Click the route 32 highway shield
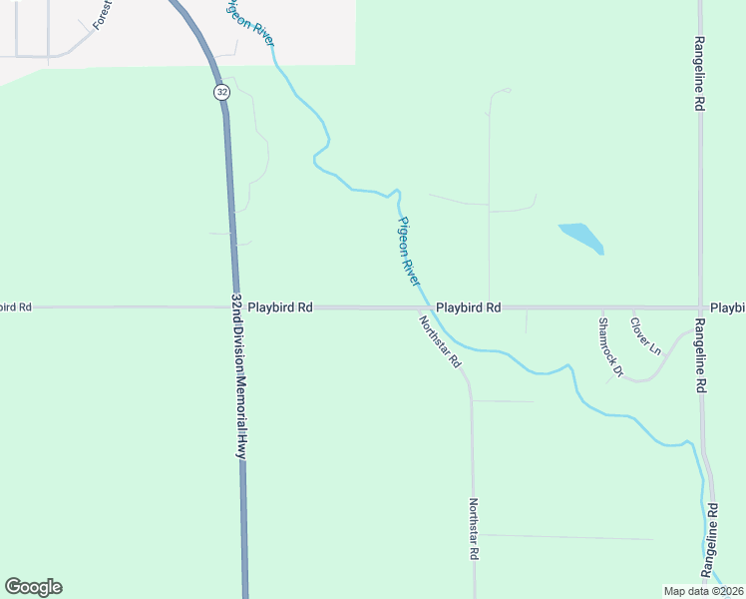219,92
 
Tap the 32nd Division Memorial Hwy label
238,375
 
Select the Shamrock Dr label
609,347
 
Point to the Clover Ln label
645,336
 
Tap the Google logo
33,587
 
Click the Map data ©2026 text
704,590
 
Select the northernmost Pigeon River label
249,22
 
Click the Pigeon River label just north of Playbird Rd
409,252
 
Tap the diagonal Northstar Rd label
440,340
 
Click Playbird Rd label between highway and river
281,307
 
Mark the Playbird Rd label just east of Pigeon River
468,308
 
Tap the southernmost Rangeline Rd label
712,540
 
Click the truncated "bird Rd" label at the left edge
16,307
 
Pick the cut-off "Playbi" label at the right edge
727,307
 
